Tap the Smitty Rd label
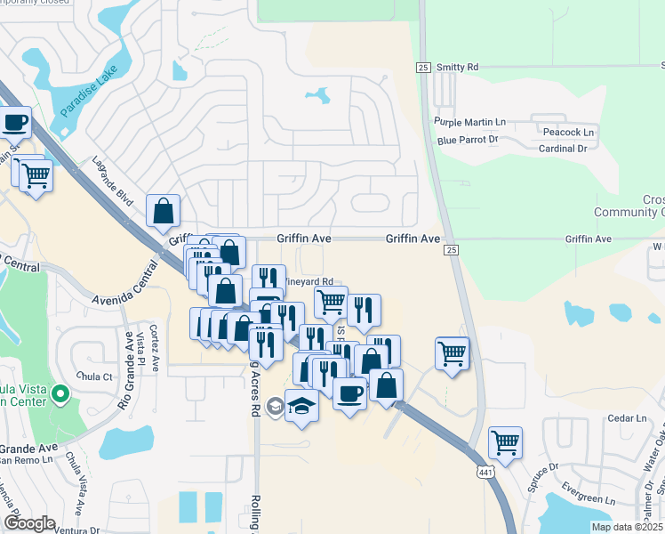459,67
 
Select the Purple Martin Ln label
469,122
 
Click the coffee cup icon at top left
15,123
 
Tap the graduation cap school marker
302,406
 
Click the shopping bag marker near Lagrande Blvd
164,212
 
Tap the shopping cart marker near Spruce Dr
505,442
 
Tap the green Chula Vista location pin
60,392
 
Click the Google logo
30,523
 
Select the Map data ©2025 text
627,527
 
